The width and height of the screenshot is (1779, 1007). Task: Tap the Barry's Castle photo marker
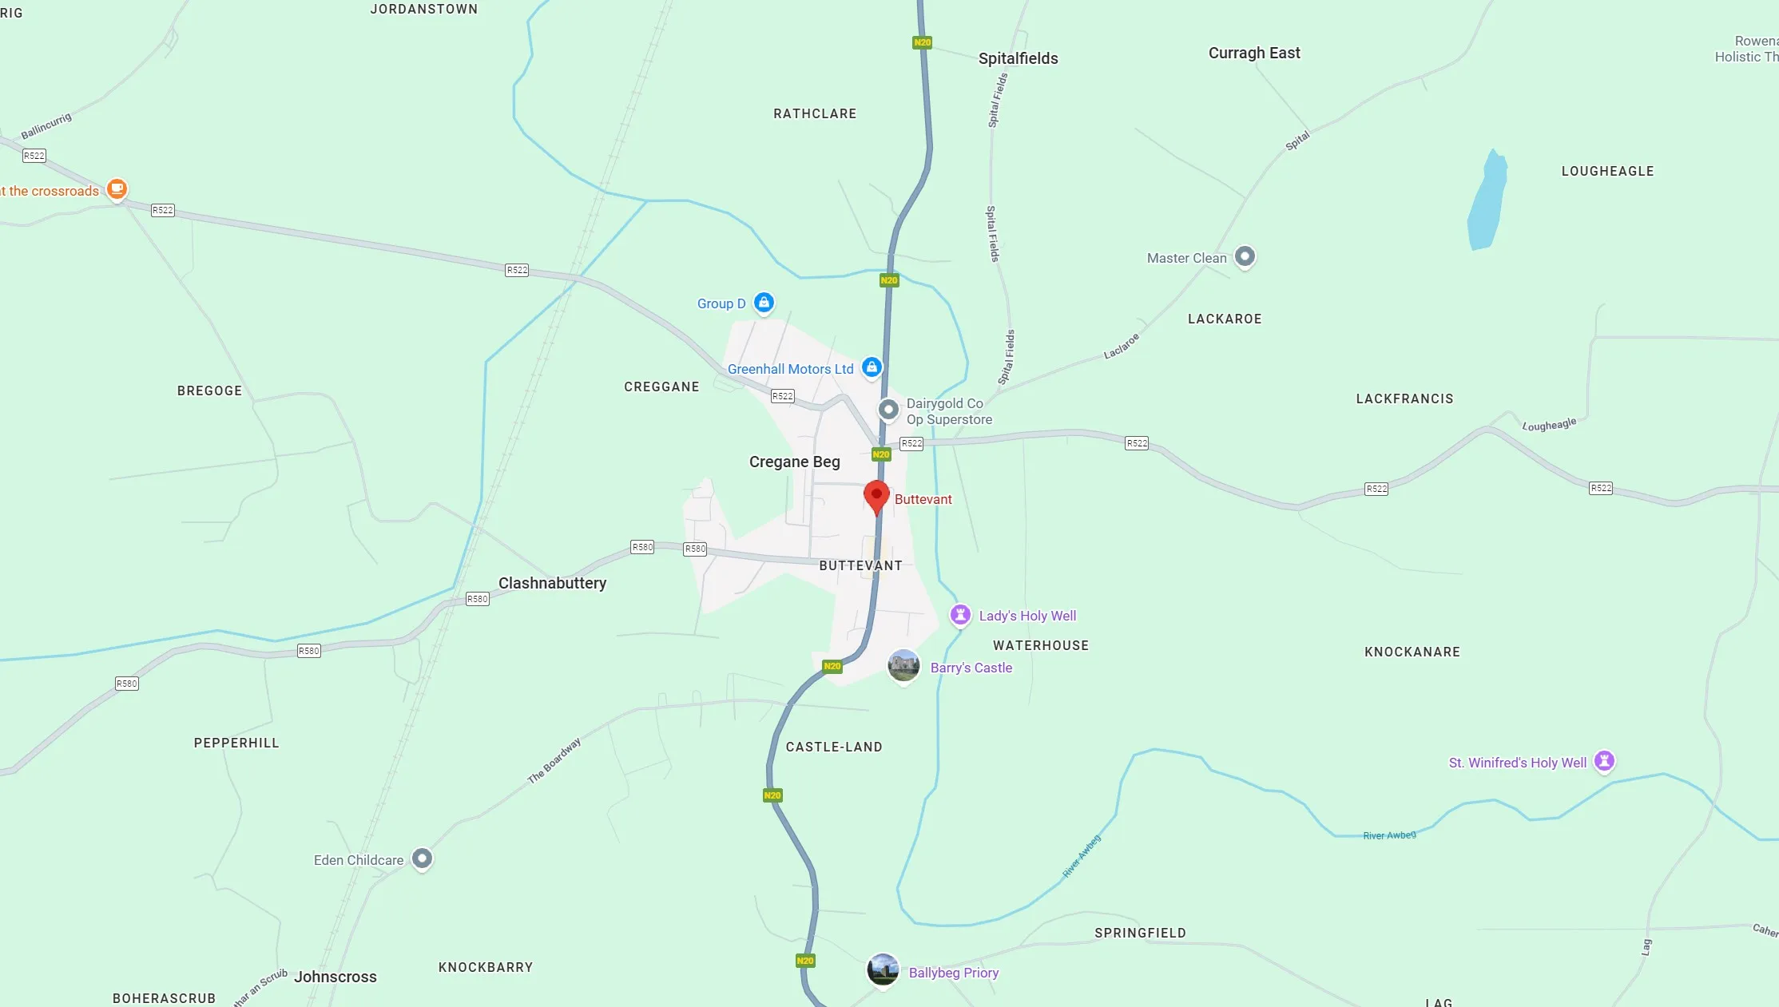pyautogui.click(x=903, y=664)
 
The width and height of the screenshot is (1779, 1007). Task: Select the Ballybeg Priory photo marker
pyautogui.click(x=883, y=969)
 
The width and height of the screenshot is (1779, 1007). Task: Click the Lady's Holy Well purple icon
pyautogui.click(x=960, y=615)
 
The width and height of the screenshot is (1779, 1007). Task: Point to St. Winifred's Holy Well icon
pyautogui.click(x=1604, y=761)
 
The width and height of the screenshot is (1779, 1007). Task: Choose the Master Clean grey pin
pyautogui.click(x=1245, y=256)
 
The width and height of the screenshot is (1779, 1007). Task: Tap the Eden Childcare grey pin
pyautogui.click(x=422, y=858)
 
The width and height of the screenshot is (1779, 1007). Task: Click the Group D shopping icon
pyautogui.click(x=764, y=302)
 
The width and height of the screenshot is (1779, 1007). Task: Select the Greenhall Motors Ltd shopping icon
pyautogui.click(x=872, y=367)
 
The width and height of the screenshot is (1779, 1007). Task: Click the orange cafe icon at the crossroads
pyautogui.click(x=117, y=188)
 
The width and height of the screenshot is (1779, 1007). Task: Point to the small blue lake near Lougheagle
pyautogui.click(x=1487, y=201)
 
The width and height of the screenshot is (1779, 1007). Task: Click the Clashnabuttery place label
pyautogui.click(x=552, y=583)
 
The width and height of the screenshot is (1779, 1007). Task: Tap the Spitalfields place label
pyautogui.click(x=1018, y=58)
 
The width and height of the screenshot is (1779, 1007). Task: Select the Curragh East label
pyautogui.click(x=1254, y=53)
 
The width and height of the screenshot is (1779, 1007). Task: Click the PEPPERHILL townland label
pyautogui.click(x=236, y=743)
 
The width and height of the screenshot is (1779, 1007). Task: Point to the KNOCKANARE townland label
pyautogui.click(x=1412, y=652)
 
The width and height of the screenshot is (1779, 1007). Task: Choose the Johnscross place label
pyautogui.click(x=335, y=977)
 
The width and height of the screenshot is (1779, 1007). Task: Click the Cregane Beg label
pyautogui.click(x=794, y=462)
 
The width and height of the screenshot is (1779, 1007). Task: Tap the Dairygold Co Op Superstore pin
pyautogui.click(x=888, y=410)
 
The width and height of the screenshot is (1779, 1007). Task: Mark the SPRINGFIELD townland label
pyautogui.click(x=1140, y=933)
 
